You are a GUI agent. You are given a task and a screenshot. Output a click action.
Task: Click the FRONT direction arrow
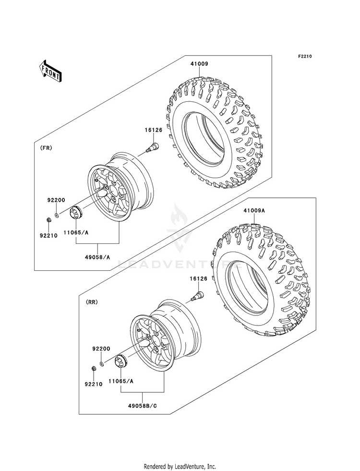click(x=50, y=71)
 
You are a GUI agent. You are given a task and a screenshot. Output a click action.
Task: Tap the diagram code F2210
click(x=305, y=56)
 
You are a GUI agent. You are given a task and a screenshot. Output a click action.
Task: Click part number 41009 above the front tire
click(x=199, y=64)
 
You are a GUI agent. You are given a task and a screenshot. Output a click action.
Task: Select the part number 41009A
click(x=254, y=211)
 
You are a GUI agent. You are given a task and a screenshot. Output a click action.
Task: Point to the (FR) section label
click(x=46, y=148)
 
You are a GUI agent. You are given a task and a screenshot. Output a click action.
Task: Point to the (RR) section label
click(x=92, y=302)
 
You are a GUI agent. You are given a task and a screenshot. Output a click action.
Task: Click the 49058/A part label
click(x=98, y=257)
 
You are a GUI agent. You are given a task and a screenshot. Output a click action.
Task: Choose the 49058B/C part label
click(x=143, y=406)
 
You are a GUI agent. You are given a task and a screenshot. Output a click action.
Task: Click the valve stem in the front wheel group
click(x=152, y=148)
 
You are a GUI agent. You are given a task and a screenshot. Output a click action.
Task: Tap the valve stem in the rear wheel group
click(x=197, y=295)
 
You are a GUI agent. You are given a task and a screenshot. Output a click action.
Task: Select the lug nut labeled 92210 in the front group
click(x=49, y=220)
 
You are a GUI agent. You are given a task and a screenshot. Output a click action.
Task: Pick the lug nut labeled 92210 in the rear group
click(x=94, y=369)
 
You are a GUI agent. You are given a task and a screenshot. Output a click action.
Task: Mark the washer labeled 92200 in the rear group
click(x=102, y=364)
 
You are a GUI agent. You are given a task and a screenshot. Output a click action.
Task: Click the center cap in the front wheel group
click(x=75, y=213)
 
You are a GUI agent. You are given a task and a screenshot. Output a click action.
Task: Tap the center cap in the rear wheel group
click(x=120, y=361)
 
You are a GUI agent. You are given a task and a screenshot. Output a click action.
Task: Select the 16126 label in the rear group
click(x=198, y=279)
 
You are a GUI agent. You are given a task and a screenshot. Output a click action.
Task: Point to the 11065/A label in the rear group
click(x=121, y=381)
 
